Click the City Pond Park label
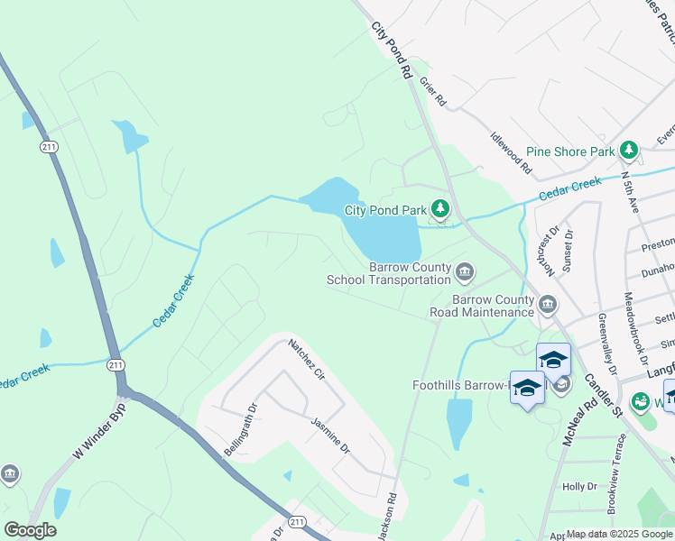(385, 210)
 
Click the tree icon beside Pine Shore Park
(629, 151)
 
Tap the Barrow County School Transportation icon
(465, 271)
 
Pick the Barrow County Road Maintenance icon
(548, 306)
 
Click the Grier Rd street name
(433, 93)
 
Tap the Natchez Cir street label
(306, 359)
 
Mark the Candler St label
(604, 397)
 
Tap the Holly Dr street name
(579, 486)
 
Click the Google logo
(30, 529)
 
